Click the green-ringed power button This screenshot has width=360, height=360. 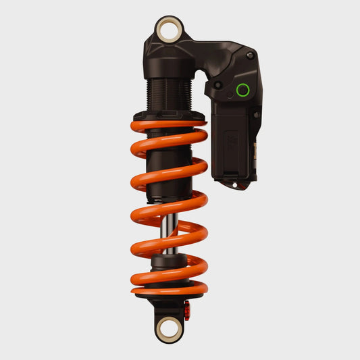point(242,89)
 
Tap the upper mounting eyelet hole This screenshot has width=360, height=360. point(168,30)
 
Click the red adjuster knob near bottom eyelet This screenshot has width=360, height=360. point(188,311)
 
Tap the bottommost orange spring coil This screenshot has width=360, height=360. point(169,289)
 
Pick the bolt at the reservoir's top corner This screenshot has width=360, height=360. point(251,55)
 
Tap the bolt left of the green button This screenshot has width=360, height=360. point(218,86)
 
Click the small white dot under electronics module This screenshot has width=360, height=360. point(234,184)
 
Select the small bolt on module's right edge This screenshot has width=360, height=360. point(257,115)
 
